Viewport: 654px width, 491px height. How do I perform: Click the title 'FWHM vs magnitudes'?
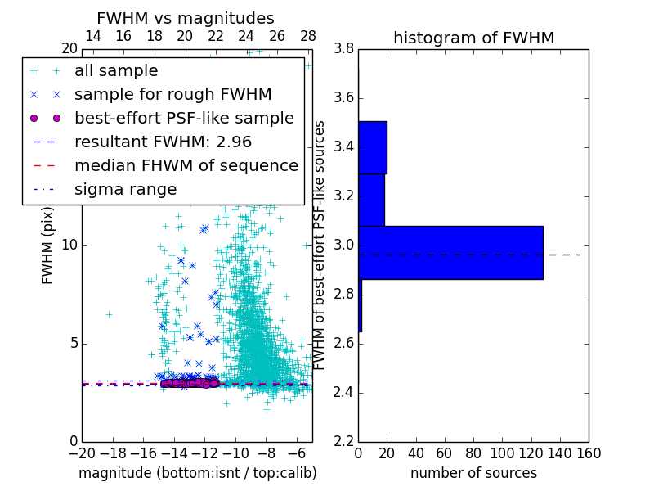pos(185,18)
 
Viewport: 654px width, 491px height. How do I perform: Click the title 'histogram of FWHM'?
pos(473,38)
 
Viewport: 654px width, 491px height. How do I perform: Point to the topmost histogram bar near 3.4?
pos(373,147)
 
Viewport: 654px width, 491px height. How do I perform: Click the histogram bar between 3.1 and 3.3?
pos(371,200)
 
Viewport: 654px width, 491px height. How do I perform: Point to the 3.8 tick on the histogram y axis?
pos(343,49)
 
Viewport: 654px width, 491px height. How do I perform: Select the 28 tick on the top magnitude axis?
pos(308,36)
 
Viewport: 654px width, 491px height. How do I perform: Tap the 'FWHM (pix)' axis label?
pos(48,245)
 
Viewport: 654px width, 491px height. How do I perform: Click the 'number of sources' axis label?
pos(473,473)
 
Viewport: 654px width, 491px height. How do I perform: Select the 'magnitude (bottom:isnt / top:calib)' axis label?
pos(197,473)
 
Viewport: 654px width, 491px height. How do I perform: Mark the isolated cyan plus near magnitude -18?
pos(109,314)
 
